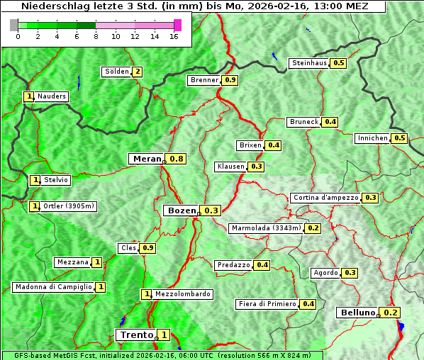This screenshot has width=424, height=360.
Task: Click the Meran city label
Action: click(x=147, y=159)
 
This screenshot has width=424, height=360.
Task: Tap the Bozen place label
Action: click(x=181, y=210)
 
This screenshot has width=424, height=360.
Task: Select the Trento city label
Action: click(x=136, y=334)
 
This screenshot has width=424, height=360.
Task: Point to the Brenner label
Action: click(x=204, y=80)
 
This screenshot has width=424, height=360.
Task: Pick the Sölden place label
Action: click(x=116, y=72)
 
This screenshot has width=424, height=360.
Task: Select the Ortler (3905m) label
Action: click(x=68, y=206)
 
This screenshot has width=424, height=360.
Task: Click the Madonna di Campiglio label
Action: click(x=53, y=287)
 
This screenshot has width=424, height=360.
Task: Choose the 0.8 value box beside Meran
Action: click(x=177, y=159)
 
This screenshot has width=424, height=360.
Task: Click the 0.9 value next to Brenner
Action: click(x=230, y=80)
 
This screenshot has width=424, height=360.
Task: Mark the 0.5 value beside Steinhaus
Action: click(x=338, y=63)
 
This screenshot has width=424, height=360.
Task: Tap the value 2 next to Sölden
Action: click(x=137, y=72)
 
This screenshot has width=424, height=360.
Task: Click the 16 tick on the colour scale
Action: click(x=173, y=36)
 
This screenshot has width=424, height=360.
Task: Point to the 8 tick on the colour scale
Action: click(x=95, y=36)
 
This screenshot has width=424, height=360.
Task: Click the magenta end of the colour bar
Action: click(x=177, y=25)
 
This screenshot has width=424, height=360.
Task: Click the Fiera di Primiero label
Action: click(x=267, y=304)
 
